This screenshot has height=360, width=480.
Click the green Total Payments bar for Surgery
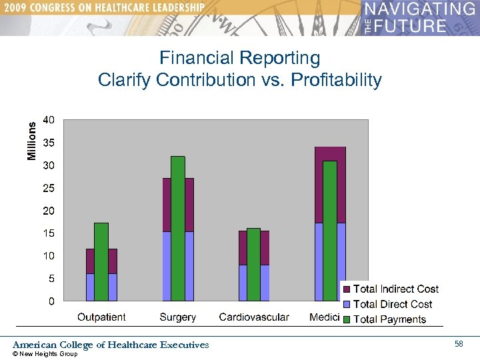pos(177,228)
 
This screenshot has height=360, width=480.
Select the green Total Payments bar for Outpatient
pos(101,261)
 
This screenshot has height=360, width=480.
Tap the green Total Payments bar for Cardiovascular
pos(253,264)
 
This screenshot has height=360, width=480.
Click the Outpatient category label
pos(101,317)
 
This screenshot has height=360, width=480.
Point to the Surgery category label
pos(177,317)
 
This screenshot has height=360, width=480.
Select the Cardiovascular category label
pos(254,317)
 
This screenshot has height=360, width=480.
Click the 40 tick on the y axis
pos(49,120)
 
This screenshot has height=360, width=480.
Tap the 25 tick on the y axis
pos(49,188)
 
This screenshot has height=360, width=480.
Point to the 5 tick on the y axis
pos(51,279)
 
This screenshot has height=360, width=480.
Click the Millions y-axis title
pos(31,140)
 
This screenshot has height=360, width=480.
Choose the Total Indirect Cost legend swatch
pos(347,289)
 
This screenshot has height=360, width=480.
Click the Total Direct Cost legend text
pos(393,304)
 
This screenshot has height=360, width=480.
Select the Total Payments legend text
pos(389,319)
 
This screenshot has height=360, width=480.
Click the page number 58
pos(459,344)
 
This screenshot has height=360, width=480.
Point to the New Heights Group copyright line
pos(45,354)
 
